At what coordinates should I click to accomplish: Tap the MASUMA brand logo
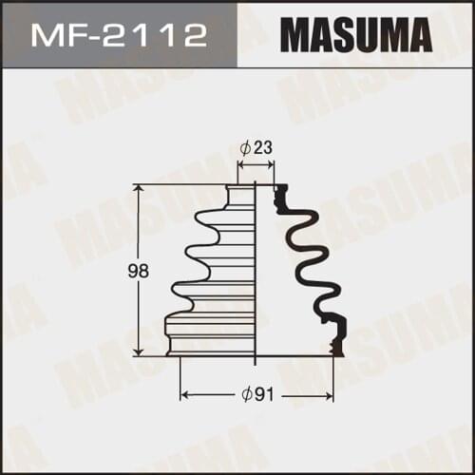click(353, 36)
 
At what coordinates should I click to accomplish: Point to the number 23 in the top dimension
click(261, 147)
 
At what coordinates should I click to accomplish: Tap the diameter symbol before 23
click(245, 147)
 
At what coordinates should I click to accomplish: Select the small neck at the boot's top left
click(241, 195)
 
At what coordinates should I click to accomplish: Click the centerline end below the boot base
click(256, 363)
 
